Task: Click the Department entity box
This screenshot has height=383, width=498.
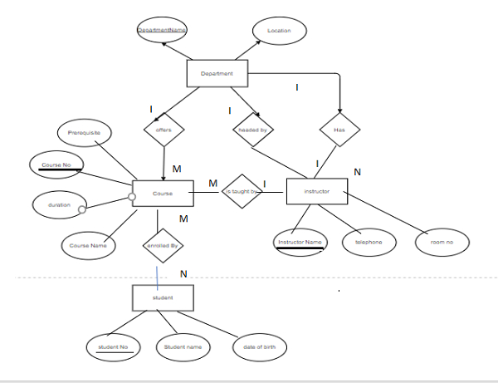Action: click(217, 74)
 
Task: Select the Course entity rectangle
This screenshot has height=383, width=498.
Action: click(163, 193)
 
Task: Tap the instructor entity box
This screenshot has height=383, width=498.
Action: click(316, 191)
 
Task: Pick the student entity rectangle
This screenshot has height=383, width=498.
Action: click(163, 297)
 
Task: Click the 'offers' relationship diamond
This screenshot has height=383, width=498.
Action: click(164, 130)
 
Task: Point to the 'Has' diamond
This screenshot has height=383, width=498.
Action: click(339, 130)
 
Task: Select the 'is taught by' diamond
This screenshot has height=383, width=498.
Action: click(241, 192)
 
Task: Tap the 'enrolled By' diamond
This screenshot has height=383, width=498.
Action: click(164, 246)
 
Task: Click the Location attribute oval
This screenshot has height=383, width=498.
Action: click(279, 31)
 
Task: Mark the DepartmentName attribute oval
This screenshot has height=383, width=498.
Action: click(163, 31)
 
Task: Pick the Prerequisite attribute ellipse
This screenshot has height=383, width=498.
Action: click(84, 132)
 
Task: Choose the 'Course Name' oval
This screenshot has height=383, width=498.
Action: click(88, 245)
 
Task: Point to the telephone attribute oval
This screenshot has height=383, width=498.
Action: click(368, 242)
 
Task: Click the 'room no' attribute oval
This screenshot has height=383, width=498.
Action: click(442, 243)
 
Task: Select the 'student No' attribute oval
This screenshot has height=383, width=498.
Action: click(114, 346)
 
